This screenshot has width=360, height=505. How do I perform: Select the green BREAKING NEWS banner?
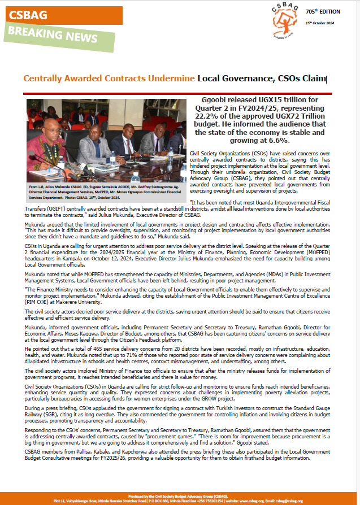pos(51,36)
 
